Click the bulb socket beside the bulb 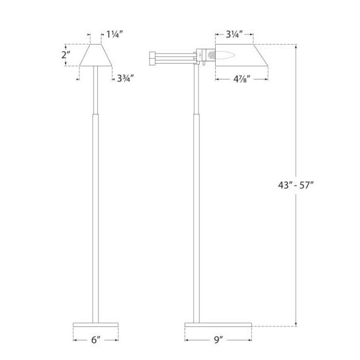(209, 55)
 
